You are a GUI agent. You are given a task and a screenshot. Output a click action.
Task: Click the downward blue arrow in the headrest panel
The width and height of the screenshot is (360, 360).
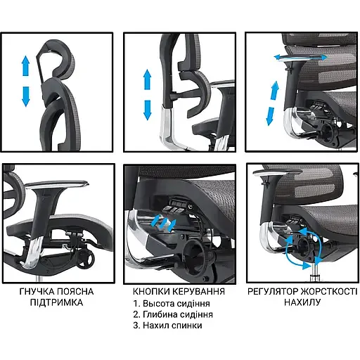pos(25,95)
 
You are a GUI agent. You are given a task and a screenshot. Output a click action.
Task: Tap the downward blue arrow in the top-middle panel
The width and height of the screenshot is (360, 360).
pos(147,108)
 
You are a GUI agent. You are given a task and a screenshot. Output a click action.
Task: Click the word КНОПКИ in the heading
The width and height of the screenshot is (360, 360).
pos(155,291)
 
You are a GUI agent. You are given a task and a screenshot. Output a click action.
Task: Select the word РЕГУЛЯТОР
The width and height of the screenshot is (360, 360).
pos(272,291)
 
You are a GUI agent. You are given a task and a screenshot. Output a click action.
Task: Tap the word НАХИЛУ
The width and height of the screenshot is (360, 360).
pos(300,303)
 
